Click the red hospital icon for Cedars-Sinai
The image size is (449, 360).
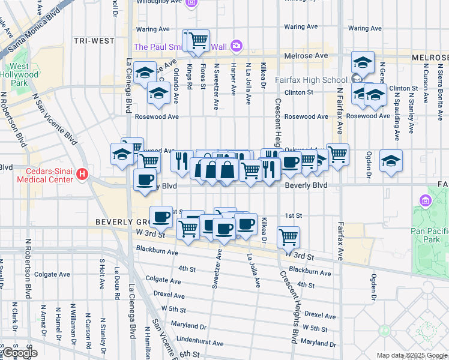pyautogui.click(x=82, y=175)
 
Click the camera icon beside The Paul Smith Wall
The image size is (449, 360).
pyautogui.click(x=237, y=46)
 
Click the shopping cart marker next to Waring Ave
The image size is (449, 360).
pyautogui.click(x=198, y=41)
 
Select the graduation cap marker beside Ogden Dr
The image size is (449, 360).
pyautogui.click(x=391, y=161)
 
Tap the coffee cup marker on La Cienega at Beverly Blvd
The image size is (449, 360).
pyautogui.click(x=144, y=180)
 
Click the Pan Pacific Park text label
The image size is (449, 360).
pyautogui.click(x=429, y=235)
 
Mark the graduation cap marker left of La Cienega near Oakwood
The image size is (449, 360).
pyautogui.click(x=122, y=154)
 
